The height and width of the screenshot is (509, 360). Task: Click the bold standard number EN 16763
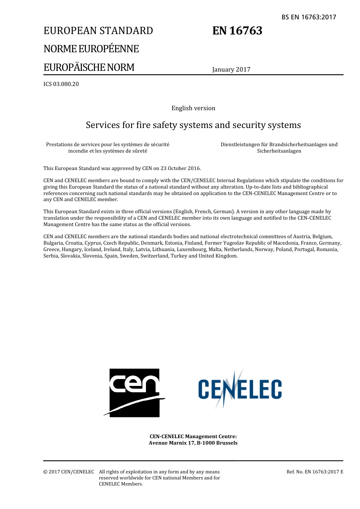pos(237,31)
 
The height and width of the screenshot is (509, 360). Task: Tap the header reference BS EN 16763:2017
pos(308,17)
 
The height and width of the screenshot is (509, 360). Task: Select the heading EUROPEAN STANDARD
pos(98,31)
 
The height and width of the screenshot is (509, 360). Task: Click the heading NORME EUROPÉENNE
pos(91,49)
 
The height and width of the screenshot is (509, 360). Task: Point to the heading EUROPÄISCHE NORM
pos(89,67)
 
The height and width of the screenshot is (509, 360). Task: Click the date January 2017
pos(231,69)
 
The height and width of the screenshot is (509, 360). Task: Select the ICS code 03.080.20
pos(61,84)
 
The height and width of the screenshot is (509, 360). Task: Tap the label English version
pos(193,108)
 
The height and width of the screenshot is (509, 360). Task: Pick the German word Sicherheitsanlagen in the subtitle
pos(279,151)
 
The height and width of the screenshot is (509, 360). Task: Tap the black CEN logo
pos(135,393)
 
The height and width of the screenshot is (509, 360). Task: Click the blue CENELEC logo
pos(240,389)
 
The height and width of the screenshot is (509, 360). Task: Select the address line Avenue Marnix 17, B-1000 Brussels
pos(193,443)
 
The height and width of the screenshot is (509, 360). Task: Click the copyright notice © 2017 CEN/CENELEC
pos(69,472)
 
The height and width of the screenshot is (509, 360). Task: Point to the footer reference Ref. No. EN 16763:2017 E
pos(315,472)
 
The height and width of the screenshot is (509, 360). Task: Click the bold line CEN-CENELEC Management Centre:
pos(193,436)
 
